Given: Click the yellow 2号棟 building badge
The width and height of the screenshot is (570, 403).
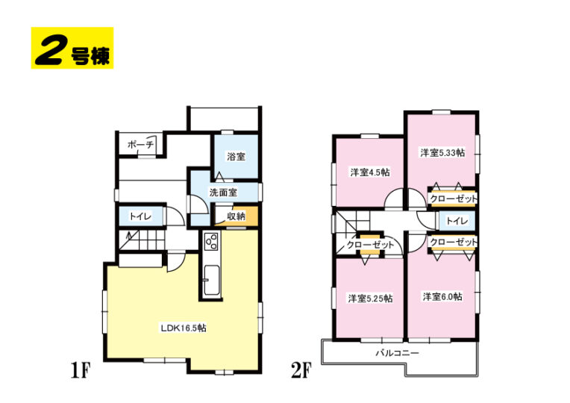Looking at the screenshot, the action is pyautogui.click(x=72, y=48).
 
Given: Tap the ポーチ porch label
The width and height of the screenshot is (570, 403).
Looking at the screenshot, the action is pyautogui.click(x=141, y=145).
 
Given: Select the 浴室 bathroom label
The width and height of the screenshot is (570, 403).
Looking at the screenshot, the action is pyautogui.click(x=236, y=157).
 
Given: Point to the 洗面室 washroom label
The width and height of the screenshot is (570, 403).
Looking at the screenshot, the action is pyautogui.click(x=223, y=192).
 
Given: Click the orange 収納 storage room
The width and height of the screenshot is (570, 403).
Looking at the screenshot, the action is pyautogui.click(x=237, y=216).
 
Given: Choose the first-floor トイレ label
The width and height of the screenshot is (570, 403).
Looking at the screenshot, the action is pyautogui.click(x=140, y=216).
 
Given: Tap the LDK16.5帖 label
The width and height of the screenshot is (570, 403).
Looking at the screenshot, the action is pyautogui.click(x=184, y=328).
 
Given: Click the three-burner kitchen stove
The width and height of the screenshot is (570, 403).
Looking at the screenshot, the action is pyautogui.click(x=211, y=241).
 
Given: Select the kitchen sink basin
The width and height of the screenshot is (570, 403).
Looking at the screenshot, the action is pyautogui.click(x=211, y=280).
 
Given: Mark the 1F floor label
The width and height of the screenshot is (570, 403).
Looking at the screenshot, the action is pyautogui.click(x=80, y=370).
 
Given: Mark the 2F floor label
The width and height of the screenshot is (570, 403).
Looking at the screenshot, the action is pyautogui.click(x=301, y=370).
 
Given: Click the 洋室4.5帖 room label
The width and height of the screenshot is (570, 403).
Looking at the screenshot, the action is pyautogui.click(x=370, y=172).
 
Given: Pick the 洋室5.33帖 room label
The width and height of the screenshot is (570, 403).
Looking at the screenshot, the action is pyautogui.click(x=442, y=153).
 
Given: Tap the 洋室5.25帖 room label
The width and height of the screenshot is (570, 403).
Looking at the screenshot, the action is pyautogui.click(x=370, y=299).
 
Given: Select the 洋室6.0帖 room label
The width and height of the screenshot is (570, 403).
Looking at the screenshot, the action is pyautogui.click(x=442, y=297).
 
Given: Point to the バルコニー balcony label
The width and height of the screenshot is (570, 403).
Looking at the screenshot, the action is pyautogui.click(x=398, y=353).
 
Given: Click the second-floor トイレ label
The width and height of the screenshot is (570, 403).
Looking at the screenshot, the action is pyautogui.click(x=457, y=221).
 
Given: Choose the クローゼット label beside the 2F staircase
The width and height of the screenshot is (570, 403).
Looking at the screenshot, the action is pyautogui.click(x=370, y=245).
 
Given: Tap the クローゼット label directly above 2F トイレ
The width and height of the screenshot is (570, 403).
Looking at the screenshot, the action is pyautogui.click(x=453, y=199).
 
